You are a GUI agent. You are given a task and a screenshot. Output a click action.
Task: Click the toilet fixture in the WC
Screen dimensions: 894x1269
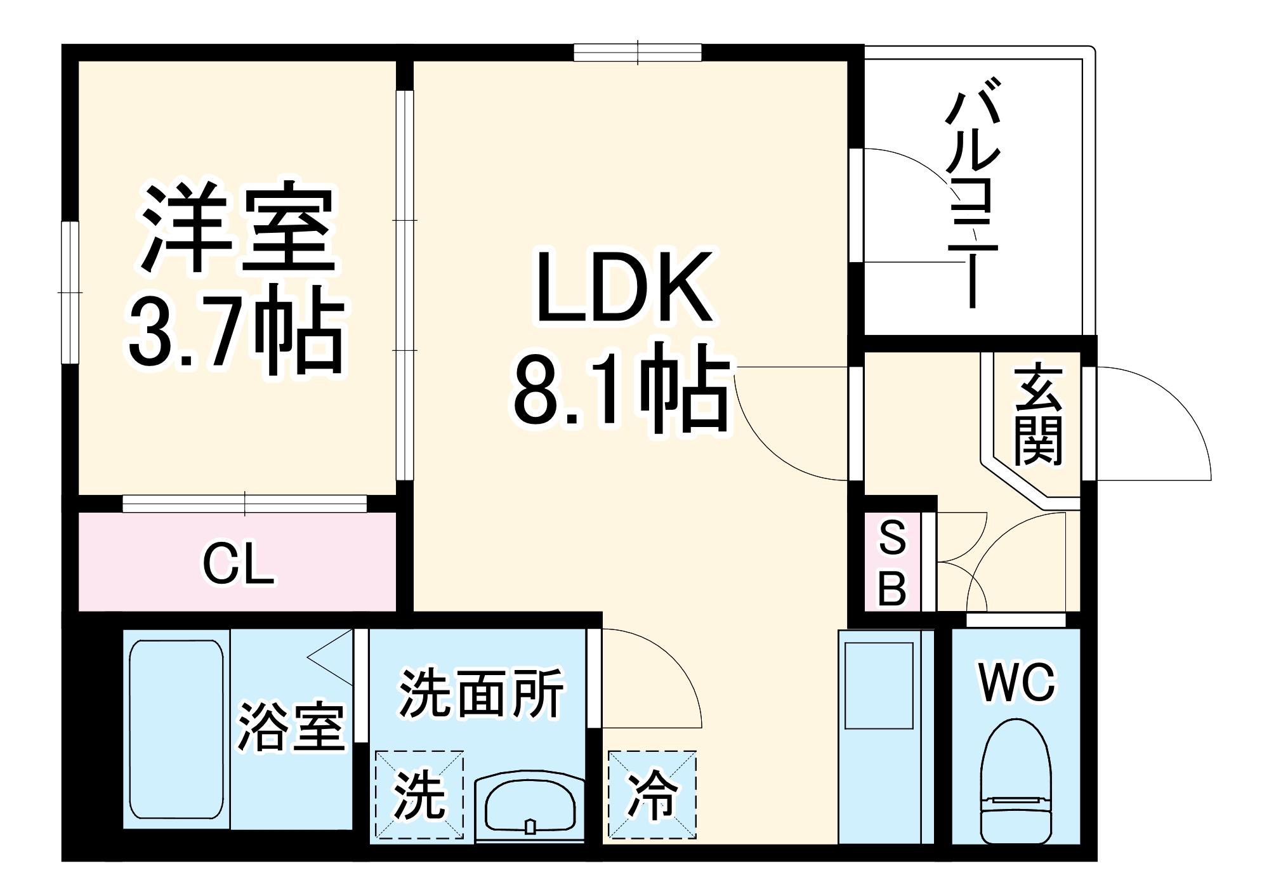pyautogui.click(x=1015, y=784)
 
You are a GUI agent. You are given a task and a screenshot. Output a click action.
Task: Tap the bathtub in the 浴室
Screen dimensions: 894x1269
pyautogui.click(x=176, y=730)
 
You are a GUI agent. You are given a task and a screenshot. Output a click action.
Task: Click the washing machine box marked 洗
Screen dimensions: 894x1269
pyautogui.click(x=419, y=794)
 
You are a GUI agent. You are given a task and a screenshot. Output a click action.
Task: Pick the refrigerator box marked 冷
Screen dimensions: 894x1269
pyautogui.click(x=652, y=794)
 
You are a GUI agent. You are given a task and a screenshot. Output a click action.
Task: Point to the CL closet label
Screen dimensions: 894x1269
pyautogui.click(x=239, y=564)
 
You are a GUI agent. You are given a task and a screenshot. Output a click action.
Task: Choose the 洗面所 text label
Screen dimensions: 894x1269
pyautogui.click(x=481, y=693)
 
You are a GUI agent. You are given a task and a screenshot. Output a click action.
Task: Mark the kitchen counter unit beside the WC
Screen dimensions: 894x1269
pyautogui.click(x=886, y=736)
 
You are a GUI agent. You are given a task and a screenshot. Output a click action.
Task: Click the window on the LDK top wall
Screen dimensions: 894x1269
pyautogui.click(x=638, y=52)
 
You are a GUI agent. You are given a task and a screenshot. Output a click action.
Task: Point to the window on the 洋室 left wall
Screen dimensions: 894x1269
pyautogui.click(x=70, y=293)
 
